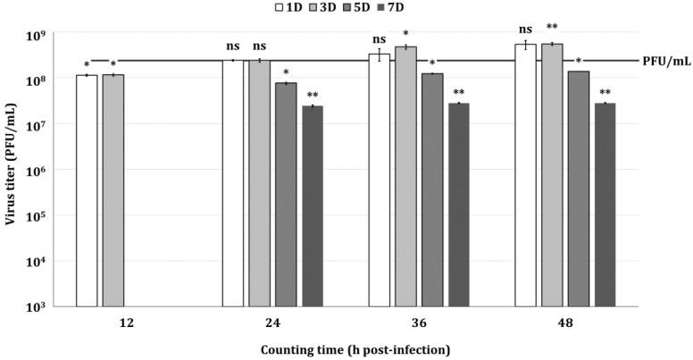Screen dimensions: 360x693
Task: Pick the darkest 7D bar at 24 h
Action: pyautogui.click(x=312, y=206)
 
